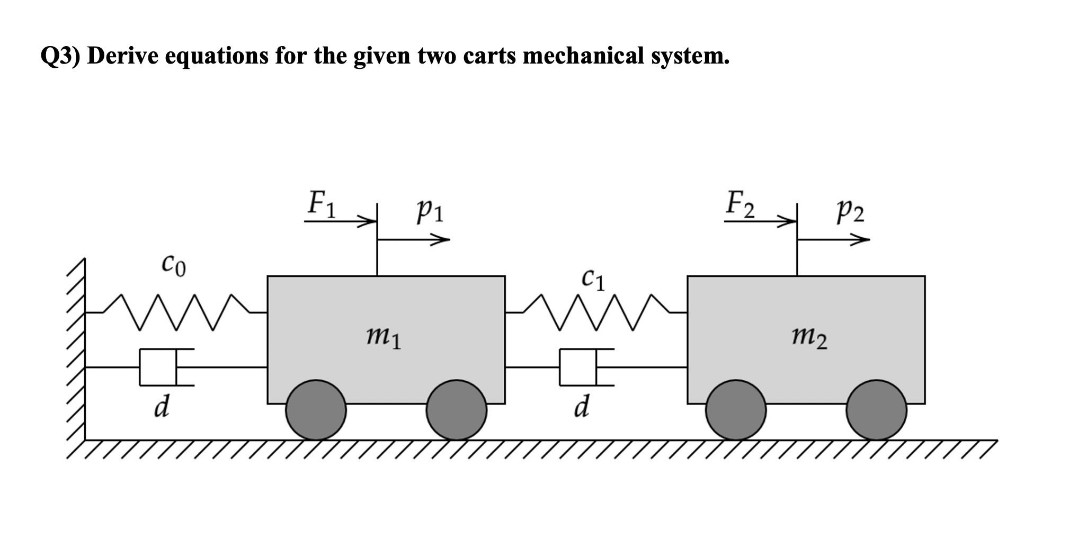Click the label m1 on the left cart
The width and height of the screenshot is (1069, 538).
tap(384, 338)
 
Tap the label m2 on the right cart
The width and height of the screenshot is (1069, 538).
tap(809, 338)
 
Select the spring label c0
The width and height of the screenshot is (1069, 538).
tap(174, 264)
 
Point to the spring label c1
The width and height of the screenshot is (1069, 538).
tap(593, 279)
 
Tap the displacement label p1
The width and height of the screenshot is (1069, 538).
tap(431, 211)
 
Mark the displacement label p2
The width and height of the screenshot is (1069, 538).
tap(850, 211)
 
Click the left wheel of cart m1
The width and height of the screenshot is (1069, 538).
tap(316, 409)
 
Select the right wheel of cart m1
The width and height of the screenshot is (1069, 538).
tap(456, 409)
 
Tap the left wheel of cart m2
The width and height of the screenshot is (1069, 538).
tap(736, 409)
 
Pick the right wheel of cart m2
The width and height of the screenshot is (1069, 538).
tap(876, 409)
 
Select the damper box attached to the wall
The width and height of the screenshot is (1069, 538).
tap(158, 366)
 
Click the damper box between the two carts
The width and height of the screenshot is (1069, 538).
tap(578, 366)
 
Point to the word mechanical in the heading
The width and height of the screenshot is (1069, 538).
tap(583, 56)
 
